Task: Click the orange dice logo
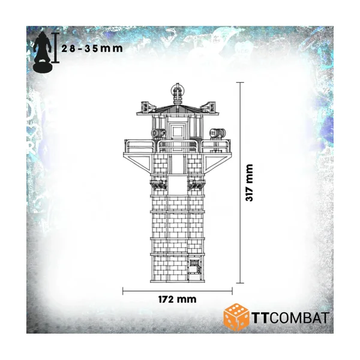click(237, 317)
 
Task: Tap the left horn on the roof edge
click(144, 107)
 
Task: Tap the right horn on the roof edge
click(209, 107)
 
